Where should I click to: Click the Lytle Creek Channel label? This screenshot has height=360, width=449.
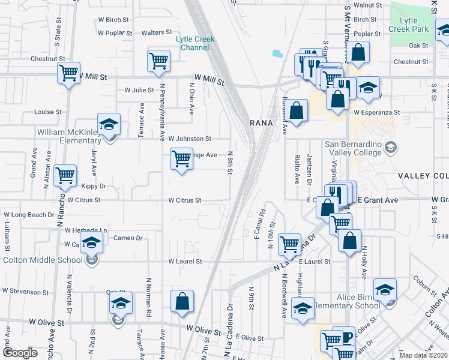tap(195, 43)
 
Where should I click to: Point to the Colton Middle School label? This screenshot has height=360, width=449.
tap(43, 260)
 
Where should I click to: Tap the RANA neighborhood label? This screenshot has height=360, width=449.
tap(261, 122)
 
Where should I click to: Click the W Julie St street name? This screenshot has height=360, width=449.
tap(139, 90)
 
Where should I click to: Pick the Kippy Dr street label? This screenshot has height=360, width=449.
tap(93, 187)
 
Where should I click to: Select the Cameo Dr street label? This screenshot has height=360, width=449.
tap(127, 238)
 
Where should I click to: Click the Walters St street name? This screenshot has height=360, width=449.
tap(157, 32)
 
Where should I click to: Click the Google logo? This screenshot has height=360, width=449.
tap(20, 353)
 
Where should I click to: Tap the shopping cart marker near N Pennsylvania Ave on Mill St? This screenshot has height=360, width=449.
tap(158, 61)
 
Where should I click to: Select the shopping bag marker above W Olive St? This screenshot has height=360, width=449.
tap(182, 302)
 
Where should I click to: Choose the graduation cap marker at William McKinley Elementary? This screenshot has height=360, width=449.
tap(109, 125)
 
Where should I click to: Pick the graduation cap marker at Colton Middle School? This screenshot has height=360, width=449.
tap(91, 243)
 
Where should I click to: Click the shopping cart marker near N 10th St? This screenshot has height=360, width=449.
tap(289, 244)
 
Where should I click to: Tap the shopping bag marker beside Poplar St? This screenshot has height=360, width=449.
tap(358, 53)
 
